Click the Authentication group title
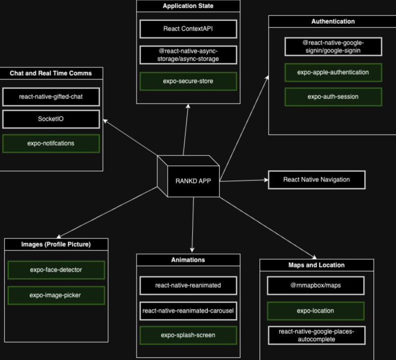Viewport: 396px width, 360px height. tap(333, 22)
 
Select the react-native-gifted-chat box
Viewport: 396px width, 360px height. tap(51, 97)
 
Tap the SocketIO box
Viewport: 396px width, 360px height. tap(51, 119)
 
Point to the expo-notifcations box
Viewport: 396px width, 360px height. tap(51, 143)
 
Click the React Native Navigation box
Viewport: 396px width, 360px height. tap(316, 180)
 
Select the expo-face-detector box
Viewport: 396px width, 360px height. tap(56, 270)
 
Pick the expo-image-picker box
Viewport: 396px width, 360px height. tap(56, 295)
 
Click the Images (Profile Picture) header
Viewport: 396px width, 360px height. tap(56, 244)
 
